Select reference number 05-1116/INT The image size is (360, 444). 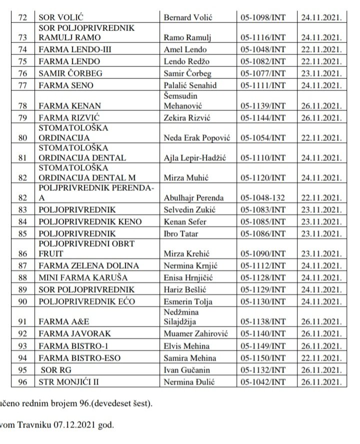tap(263, 37)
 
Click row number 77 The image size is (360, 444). tap(22, 85)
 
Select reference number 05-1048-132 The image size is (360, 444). tap(263, 197)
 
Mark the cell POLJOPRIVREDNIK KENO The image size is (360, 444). tap(89, 221)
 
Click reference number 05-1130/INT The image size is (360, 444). tap(263, 301)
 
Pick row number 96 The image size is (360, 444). tap(22, 382)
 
